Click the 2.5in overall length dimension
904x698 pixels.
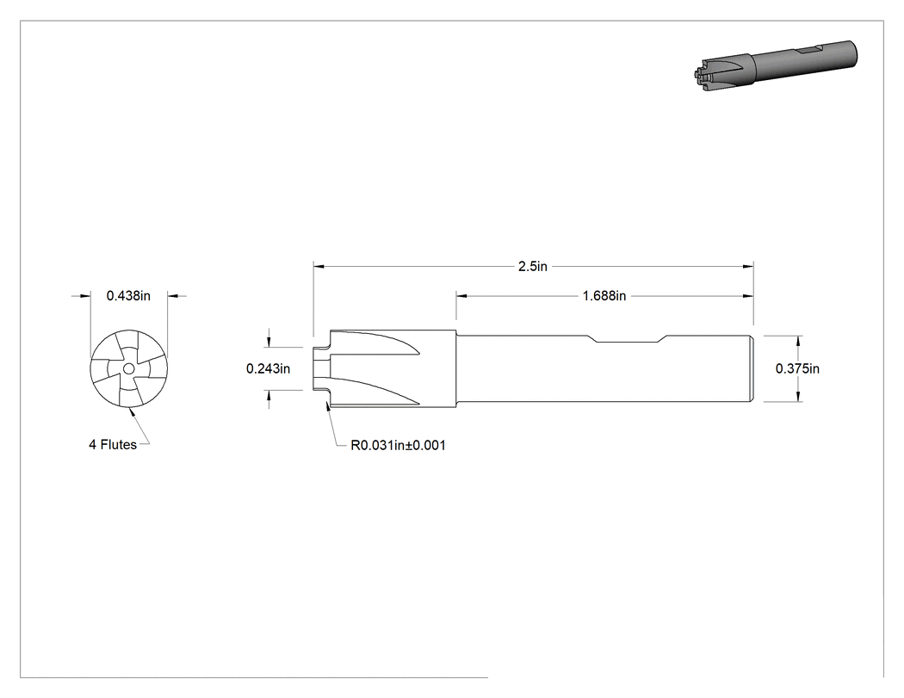[533, 266]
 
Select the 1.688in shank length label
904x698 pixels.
[604, 296]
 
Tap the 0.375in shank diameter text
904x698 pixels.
[797, 368]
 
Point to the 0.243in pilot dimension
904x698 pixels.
[268, 368]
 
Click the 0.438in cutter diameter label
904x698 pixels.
[128, 296]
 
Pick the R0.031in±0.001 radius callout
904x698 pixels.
[398, 445]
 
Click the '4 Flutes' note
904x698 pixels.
[113, 444]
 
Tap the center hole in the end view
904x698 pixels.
[128, 368]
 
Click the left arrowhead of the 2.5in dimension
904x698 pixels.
[319, 266]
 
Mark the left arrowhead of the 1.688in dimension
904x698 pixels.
[461, 296]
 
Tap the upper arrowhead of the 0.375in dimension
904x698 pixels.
[798, 341]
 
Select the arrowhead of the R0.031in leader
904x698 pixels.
[328, 406]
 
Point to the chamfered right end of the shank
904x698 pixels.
[752, 368]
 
